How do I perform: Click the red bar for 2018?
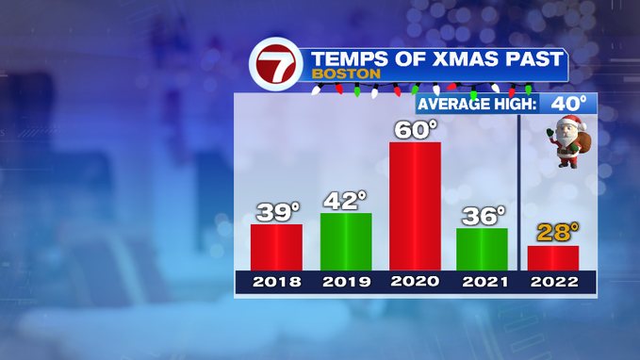pos(276,247)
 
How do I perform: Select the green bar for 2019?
pos(346,241)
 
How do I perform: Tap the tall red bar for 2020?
pos(415,206)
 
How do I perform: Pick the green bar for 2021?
pos(482,250)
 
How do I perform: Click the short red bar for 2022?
pos(553,258)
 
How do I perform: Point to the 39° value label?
pos(278,212)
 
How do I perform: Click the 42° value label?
pos(345,201)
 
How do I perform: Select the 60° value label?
pos(416,130)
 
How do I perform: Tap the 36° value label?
pos(484,216)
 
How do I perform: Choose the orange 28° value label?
pos(558,232)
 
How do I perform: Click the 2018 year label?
pos(277,282)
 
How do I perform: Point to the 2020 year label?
pos(415,281)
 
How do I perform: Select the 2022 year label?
pos(554,282)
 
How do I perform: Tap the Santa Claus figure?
pos(568,141)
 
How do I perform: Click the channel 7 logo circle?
pos(276,64)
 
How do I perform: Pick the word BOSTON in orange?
pos(346,74)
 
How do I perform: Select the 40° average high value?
pos(568,104)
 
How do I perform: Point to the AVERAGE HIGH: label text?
pos(477,104)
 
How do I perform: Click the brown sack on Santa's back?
pos(583,142)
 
